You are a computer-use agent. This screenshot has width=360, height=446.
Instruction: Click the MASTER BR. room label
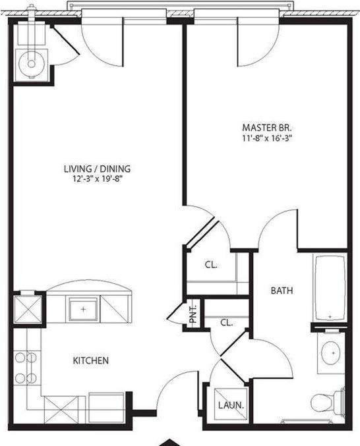tap(268, 127)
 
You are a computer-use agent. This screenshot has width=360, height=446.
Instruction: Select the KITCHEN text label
tap(90, 361)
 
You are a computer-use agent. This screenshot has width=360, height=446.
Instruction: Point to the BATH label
tap(282, 291)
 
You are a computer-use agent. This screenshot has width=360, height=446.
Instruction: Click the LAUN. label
tap(231, 405)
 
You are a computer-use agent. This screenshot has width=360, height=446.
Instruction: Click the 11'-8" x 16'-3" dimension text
tap(268, 138)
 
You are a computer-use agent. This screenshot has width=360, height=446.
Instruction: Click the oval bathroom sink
tap(329, 353)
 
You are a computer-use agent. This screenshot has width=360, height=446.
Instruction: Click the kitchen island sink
tap(84, 308)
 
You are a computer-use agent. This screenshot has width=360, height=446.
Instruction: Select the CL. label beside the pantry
tap(226, 323)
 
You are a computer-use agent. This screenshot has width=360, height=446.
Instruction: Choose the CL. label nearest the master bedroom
tap(211, 265)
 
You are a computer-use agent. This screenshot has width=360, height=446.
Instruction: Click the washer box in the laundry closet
tap(231, 403)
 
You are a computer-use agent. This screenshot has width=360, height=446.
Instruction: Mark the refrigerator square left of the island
tap(26, 308)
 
